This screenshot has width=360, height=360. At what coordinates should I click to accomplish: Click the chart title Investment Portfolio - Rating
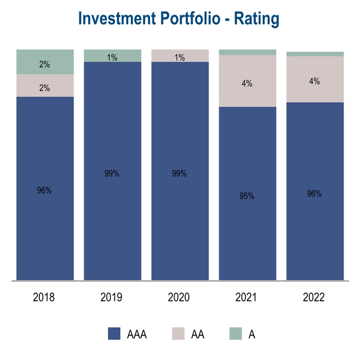pos(179,19)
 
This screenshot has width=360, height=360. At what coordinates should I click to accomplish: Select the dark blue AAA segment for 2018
pos(45,225)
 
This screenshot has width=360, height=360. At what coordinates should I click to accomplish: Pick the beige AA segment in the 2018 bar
pos(45,85)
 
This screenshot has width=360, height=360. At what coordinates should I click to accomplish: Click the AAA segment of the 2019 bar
pos(112,214)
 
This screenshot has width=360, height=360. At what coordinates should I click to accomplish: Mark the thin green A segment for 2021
pos(247,52)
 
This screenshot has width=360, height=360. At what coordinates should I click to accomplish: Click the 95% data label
pos(247,196)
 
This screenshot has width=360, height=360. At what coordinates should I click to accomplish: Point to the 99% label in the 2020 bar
pos(179,174)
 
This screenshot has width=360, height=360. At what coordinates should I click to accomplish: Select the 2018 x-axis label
pos(44,297)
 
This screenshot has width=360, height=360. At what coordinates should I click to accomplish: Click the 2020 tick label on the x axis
pos(179,297)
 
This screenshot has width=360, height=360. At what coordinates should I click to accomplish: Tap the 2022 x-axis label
pos(314,297)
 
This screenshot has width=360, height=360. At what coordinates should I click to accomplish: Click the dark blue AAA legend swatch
pos(115,334)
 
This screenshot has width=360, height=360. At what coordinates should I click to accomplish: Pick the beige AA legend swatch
pos(178,334)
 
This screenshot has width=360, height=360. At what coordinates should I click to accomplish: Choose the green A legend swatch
pos(235,334)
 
